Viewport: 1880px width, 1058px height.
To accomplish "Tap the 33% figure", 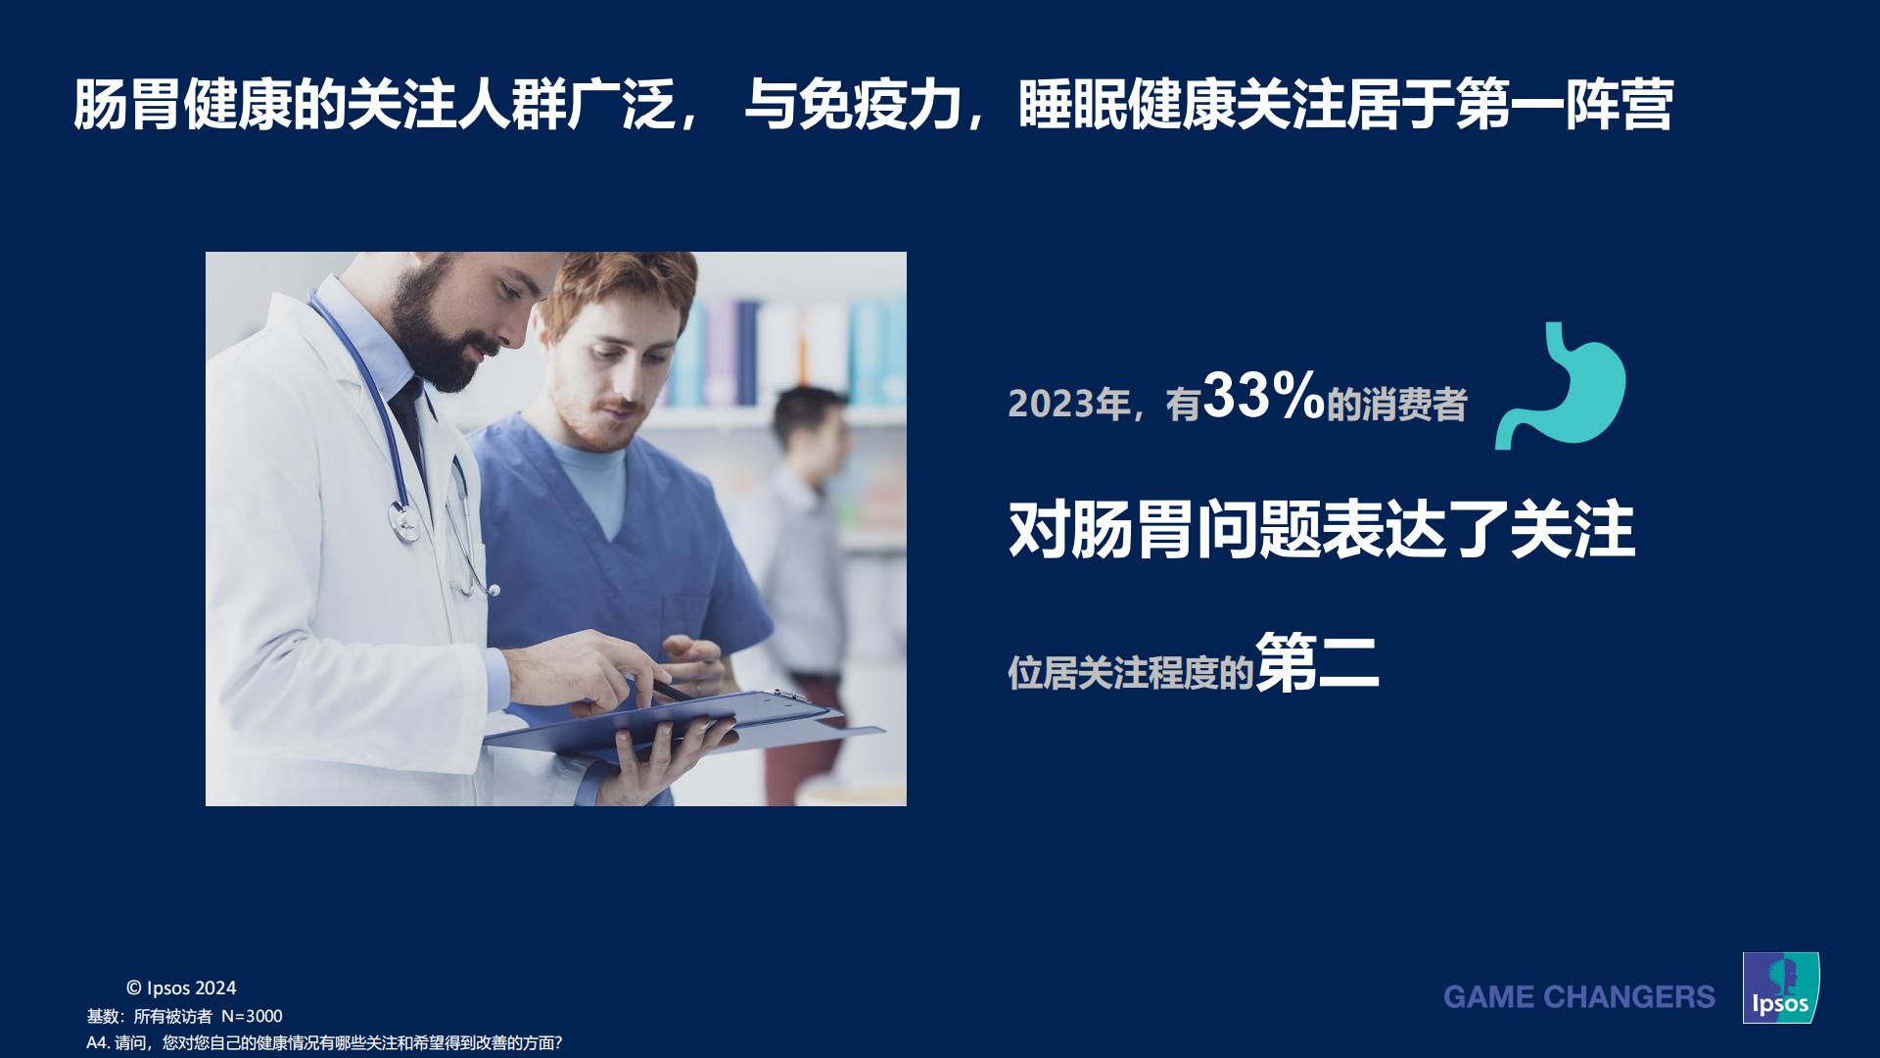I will click(x=1263, y=397).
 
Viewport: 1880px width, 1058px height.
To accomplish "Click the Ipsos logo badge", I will click(x=1780, y=987).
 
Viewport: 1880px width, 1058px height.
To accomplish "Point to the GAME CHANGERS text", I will click(x=1578, y=997).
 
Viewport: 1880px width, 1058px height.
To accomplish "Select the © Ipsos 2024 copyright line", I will click(x=181, y=987).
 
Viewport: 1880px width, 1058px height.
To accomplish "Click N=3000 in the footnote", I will click(x=252, y=1016).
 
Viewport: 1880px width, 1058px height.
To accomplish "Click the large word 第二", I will click(x=1317, y=662).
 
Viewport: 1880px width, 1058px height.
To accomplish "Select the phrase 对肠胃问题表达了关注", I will click(x=1321, y=530).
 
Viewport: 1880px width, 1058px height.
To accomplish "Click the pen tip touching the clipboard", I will click(x=685, y=697).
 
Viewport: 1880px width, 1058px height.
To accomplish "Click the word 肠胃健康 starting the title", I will click(x=182, y=105).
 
